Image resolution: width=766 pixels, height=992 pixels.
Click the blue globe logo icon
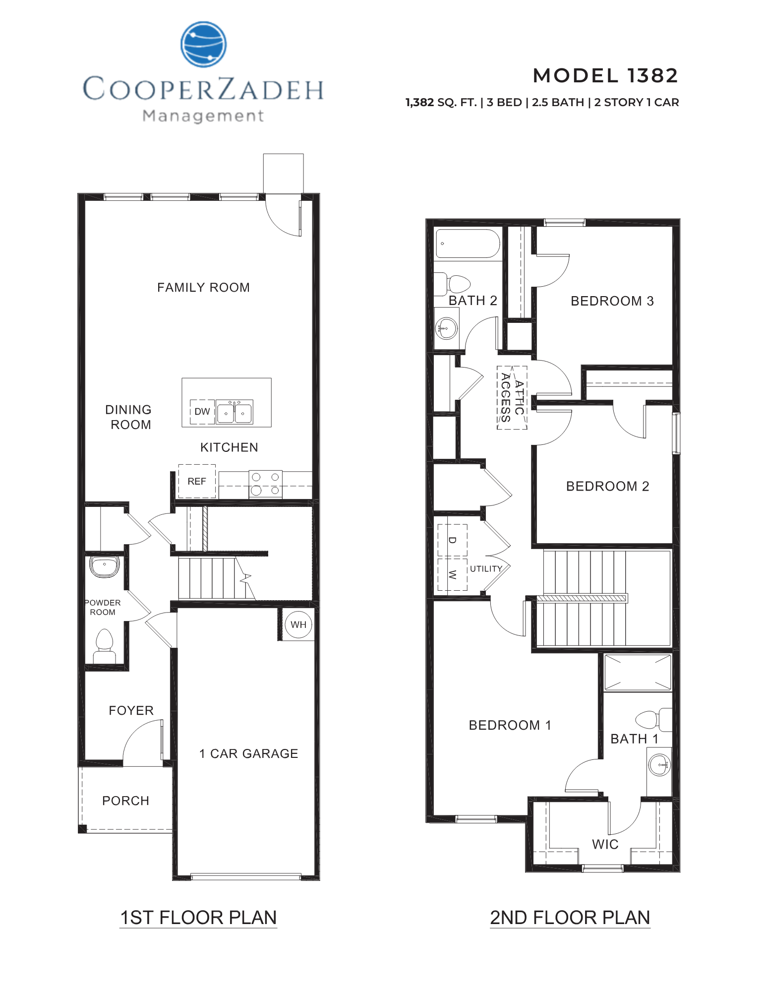[204, 44]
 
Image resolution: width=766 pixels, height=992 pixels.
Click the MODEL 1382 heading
[605, 76]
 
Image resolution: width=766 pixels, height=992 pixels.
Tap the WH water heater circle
[298, 624]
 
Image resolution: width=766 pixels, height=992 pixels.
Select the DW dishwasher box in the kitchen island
[202, 412]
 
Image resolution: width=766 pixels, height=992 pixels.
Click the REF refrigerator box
[197, 481]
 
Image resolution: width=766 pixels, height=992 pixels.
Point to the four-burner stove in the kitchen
[265, 484]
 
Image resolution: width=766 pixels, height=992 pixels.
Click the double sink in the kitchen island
[235, 412]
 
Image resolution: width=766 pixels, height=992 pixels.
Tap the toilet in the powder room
[104, 645]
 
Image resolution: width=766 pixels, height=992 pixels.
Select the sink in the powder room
[104, 567]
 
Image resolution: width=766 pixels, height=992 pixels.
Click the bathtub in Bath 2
[467, 244]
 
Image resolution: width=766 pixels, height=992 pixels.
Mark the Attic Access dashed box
[512, 397]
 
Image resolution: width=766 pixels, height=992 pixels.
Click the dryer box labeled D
[452, 540]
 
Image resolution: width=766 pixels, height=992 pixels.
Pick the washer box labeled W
[452, 574]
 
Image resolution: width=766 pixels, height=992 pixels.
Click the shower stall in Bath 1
[638, 673]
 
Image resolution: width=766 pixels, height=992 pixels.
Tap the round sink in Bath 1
[660, 765]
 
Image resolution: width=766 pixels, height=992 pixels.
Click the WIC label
[605, 845]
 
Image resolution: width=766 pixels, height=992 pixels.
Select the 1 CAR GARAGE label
[248, 754]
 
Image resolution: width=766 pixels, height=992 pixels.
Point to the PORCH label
[125, 801]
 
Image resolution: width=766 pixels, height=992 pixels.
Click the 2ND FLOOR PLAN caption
[570, 918]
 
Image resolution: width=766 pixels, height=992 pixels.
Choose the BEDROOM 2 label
[607, 486]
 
